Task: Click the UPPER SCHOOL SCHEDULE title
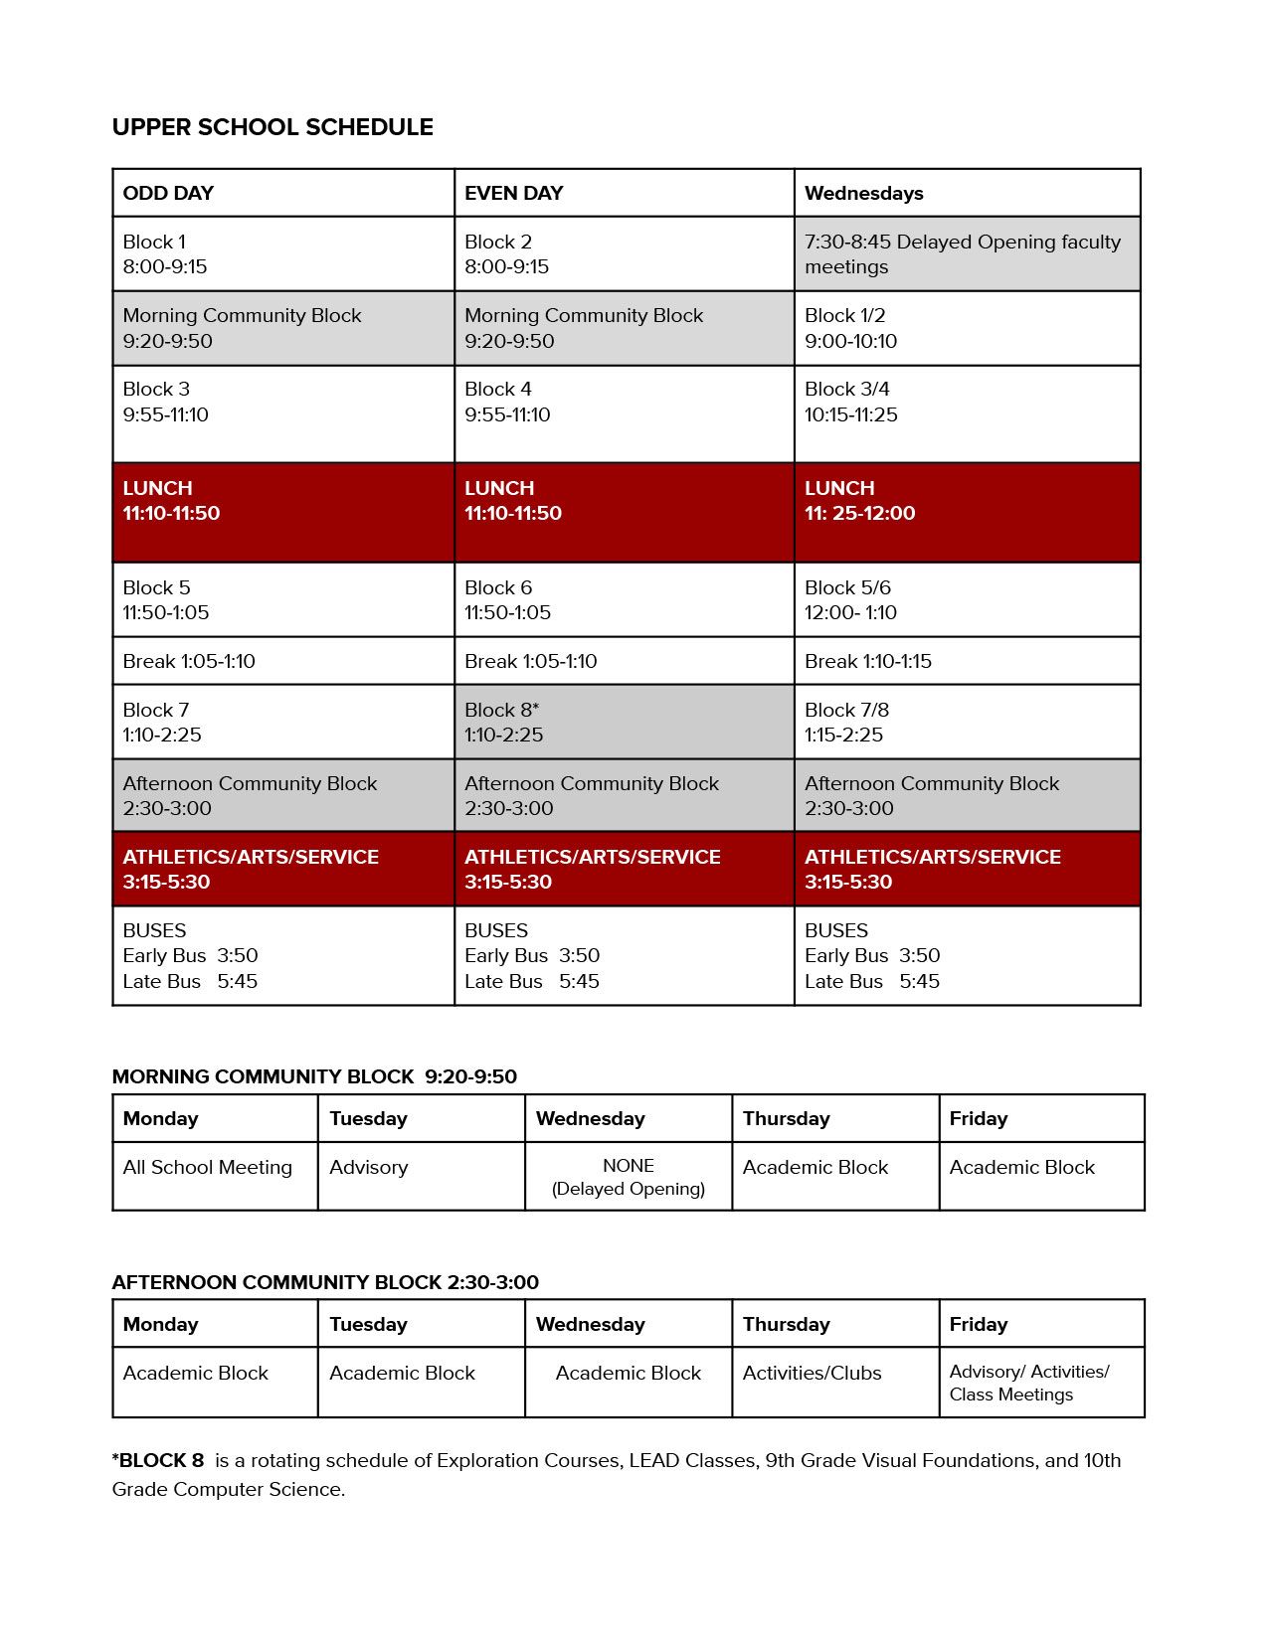(272, 127)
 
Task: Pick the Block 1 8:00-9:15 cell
(282, 253)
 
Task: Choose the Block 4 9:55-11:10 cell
(624, 412)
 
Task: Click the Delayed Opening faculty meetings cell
(966, 253)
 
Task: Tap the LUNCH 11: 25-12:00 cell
(966, 511)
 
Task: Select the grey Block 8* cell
(624, 722)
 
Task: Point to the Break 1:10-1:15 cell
(966, 661)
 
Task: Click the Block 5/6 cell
(966, 599)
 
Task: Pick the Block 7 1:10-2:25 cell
(282, 722)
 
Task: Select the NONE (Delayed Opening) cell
(629, 1177)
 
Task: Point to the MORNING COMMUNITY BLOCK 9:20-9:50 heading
(314, 1076)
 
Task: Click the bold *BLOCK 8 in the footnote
(158, 1460)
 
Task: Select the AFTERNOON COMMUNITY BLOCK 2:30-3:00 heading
(325, 1282)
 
